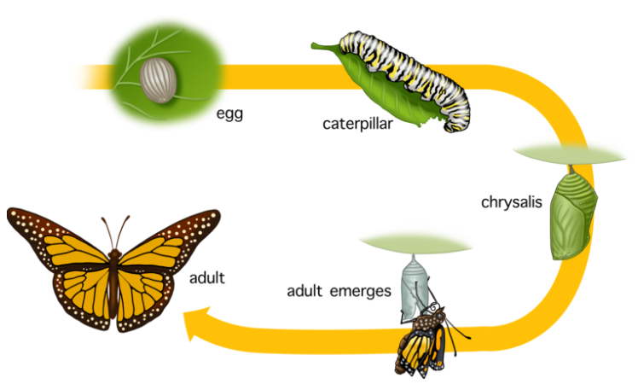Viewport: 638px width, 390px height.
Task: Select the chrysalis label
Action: coord(511,203)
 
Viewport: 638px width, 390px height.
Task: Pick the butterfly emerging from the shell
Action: coord(424,341)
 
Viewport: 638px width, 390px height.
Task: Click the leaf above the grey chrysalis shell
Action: coord(415,245)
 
